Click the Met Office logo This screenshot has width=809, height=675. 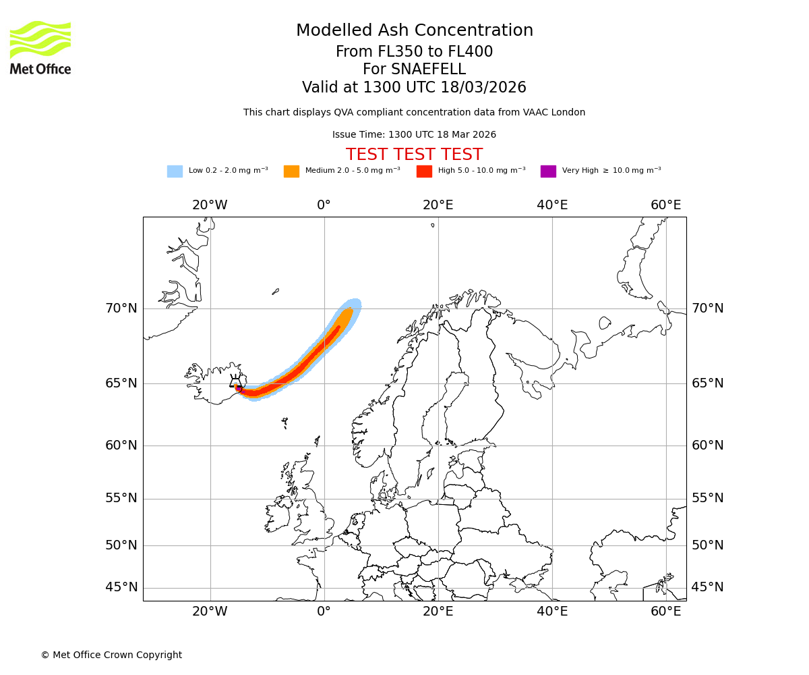click(x=40, y=47)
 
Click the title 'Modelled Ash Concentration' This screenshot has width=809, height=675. click(x=414, y=31)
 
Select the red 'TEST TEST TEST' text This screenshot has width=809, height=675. click(x=414, y=155)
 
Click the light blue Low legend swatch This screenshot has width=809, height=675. click(x=175, y=171)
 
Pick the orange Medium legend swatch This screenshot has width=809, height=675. click(x=291, y=171)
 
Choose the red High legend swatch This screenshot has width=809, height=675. click(x=424, y=171)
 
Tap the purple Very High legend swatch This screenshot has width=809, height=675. click(x=548, y=171)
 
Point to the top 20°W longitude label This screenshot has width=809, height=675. click(x=210, y=205)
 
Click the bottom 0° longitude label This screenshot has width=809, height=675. click(x=324, y=612)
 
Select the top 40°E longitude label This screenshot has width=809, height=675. click(x=552, y=205)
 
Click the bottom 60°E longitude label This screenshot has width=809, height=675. click(x=666, y=612)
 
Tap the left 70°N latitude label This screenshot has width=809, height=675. click(x=121, y=308)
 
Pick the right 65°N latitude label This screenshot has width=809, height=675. click(x=708, y=383)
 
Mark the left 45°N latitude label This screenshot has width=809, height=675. click(x=121, y=587)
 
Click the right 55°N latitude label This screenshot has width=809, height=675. click(x=708, y=498)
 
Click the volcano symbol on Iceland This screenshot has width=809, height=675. click(x=235, y=381)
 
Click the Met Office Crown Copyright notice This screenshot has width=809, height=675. click(x=111, y=655)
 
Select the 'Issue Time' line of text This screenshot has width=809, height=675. click(x=414, y=135)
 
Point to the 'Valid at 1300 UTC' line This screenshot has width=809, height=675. click(x=414, y=88)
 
